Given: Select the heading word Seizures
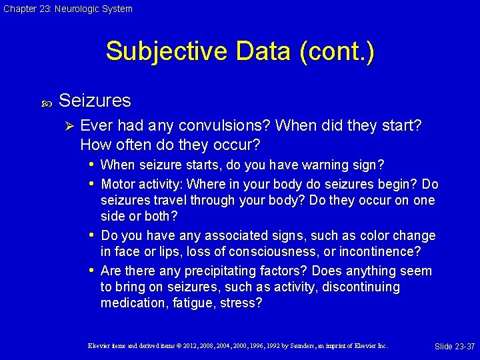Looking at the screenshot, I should [95, 101].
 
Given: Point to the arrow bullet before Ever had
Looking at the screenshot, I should [65, 125].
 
